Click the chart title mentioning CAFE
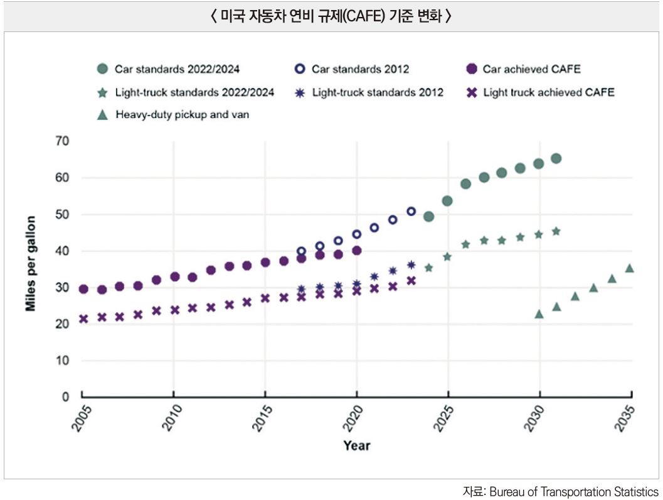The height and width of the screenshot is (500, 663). click(x=331, y=16)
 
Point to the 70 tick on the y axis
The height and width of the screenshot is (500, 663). click(x=61, y=141)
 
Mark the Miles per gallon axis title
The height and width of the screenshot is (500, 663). click(x=31, y=264)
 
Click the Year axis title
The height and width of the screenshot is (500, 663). click(x=356, y=446)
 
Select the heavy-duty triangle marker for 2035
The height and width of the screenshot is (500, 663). click(x=630, y=268)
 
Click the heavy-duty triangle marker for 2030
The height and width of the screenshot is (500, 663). click(x=539, y=313)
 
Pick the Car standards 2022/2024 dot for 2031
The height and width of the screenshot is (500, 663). click(x=556, y=158)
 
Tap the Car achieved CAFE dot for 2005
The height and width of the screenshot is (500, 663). click(x=83, y=289)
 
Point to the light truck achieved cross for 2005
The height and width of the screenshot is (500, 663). click(x=83, y=318)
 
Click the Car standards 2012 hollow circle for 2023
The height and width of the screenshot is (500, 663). click(x=411, y=212)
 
